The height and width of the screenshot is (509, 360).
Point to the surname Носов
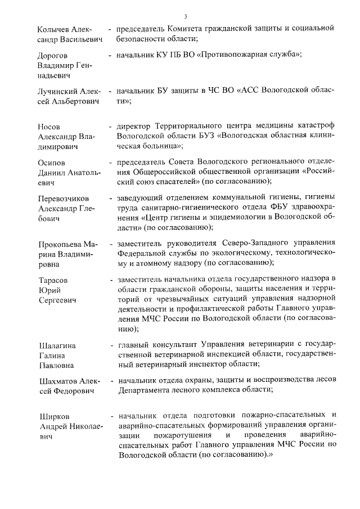pyautogui.click(x=48, y=127)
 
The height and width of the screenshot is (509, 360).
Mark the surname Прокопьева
pyautogui.click(x=60, y=245)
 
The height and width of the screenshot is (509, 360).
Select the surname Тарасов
pyautogui.click(x=52, y=280)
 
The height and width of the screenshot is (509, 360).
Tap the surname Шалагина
pyautogui.click(x=56, y=345)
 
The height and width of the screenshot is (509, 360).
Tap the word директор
pyautogui.click(x=136, y=127)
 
